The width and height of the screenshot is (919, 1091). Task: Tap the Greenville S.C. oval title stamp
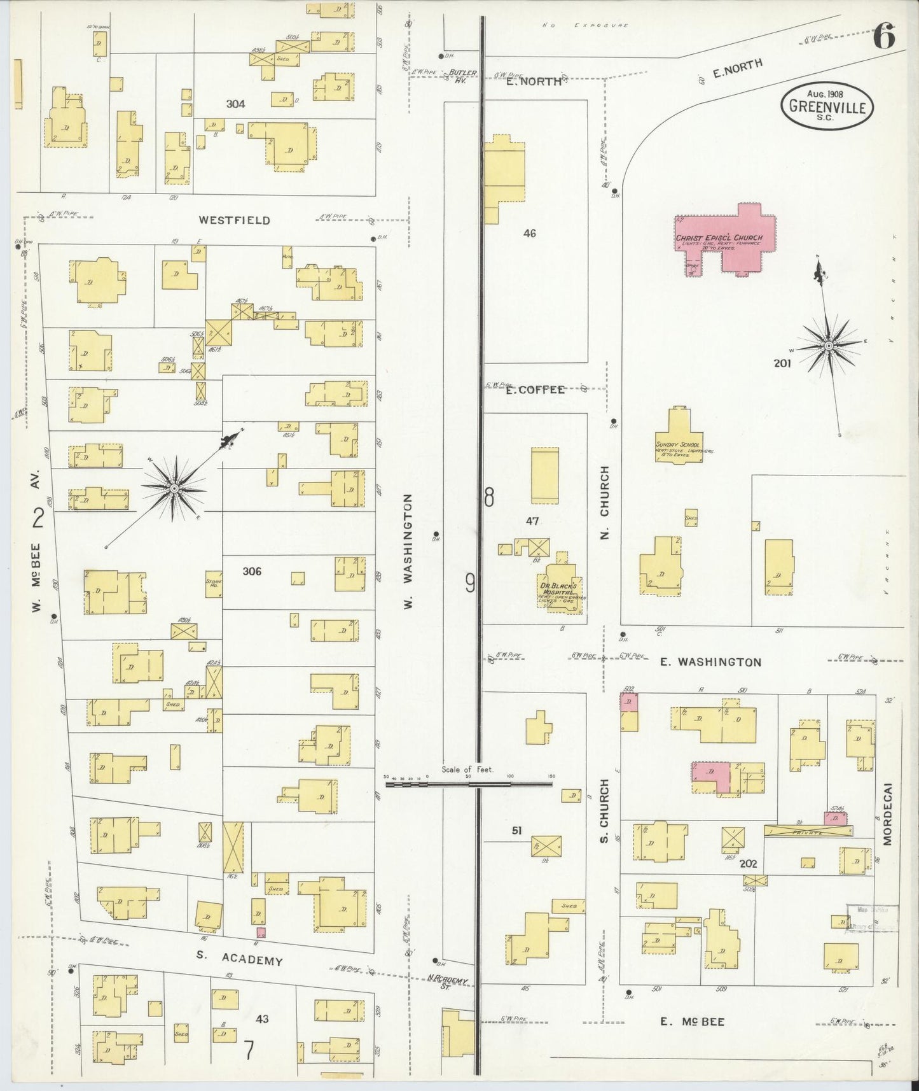827,106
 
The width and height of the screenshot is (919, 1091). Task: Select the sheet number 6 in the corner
883,36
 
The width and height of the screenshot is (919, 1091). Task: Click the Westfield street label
234,220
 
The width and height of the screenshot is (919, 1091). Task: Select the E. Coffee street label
535,390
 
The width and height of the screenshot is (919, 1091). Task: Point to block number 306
251,571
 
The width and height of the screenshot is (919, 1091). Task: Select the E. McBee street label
691,1022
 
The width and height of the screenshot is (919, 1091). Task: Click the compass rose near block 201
829,345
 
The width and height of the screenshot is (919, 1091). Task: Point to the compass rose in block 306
173,488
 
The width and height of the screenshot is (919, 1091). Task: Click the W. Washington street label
409,551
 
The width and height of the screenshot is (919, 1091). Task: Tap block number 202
748,864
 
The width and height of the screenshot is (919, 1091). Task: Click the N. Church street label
604,503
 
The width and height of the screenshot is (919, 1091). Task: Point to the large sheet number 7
249,1050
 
